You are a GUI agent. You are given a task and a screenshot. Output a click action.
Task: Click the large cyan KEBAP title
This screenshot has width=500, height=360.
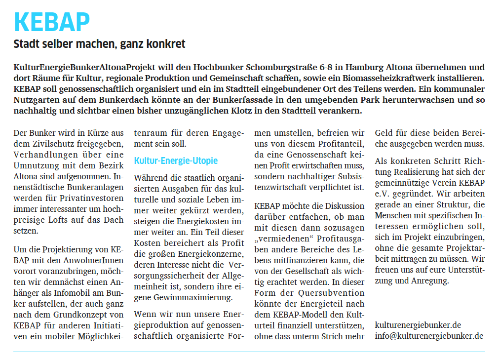[52, 22]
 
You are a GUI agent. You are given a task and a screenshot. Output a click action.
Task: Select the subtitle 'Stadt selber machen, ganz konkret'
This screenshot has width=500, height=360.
[99, 44]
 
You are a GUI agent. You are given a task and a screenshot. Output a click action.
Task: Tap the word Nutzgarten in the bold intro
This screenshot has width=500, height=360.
[36, 100]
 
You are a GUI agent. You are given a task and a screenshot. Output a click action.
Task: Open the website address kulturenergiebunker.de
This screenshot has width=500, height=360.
[418, 325]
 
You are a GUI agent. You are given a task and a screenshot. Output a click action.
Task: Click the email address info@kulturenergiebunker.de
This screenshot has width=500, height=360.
[429, 336]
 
